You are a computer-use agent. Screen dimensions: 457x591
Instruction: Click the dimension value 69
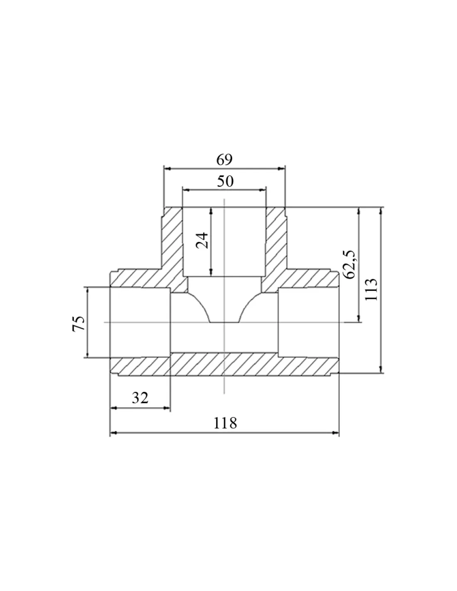[224, 160]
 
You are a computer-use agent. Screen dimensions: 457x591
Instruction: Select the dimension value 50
[225, 181]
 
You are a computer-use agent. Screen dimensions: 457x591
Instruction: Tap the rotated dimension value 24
[202, 240]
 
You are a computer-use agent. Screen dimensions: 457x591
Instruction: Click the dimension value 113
[371, 289]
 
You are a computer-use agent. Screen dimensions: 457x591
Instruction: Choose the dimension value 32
[140, 398]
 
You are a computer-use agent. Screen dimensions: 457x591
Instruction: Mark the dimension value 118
[225, 423]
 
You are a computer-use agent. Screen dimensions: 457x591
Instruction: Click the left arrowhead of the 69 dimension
[167, 169]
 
